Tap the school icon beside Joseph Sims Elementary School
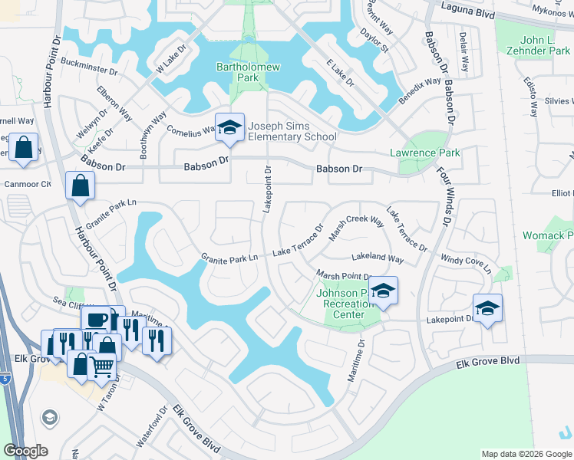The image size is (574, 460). click(229, 127)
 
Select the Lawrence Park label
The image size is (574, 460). click(424, 153)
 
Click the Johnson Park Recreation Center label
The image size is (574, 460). click(344, 304)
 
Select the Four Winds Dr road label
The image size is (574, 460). click(444, 199)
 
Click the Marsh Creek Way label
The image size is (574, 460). click(355, 228)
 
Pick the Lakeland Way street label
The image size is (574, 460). click(378, 259)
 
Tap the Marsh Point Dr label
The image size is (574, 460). click(343, 276)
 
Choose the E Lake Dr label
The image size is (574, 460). click(339, 71)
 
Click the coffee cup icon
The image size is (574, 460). click(97, 319)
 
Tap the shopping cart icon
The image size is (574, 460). click(102, 367)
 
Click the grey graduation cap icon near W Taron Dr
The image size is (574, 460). click(50, 417)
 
